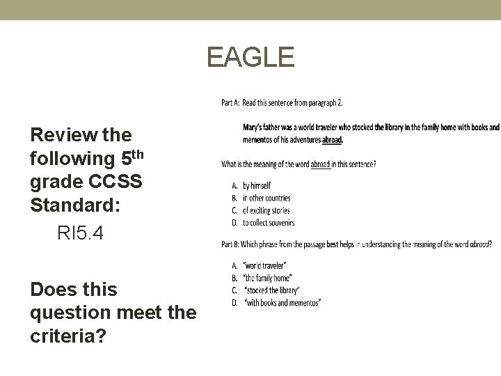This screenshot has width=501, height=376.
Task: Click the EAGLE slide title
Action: click(250, 58)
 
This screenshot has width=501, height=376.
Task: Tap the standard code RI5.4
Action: click(80, 234)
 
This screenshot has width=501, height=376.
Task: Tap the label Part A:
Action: click(230, 103)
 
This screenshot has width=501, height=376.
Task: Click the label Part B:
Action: click(230, 244)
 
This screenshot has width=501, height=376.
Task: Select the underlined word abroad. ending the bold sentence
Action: click(332, 139)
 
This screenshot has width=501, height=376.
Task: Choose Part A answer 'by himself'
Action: click(256, 186)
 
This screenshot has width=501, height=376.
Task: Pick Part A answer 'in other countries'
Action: click(266, 198)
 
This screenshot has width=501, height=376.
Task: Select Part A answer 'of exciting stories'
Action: click(266, 210)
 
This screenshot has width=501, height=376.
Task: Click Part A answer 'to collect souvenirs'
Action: click(268, 223)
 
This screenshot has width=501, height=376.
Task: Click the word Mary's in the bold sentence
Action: click(253, 127)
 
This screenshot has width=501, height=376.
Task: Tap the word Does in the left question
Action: click(53, 289)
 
